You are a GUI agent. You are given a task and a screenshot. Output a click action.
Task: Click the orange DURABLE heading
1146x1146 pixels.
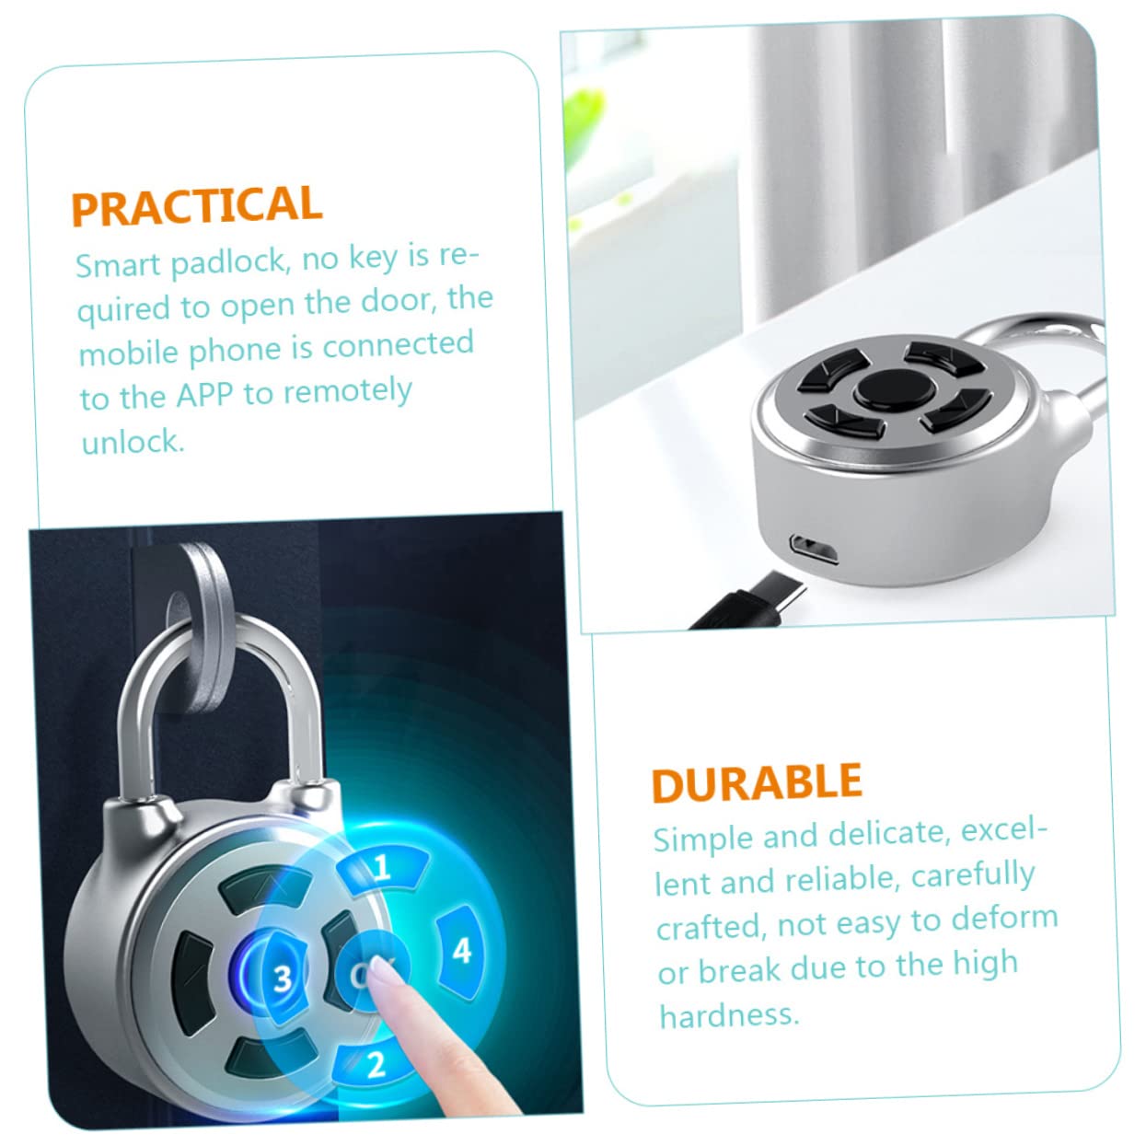tap(757, 784)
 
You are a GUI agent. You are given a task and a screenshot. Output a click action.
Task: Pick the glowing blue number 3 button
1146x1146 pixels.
tap(284, 978)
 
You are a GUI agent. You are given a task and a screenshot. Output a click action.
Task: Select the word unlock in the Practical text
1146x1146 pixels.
tap(133, 442)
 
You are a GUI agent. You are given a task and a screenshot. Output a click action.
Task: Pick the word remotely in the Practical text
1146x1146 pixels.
tap(347, 391)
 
